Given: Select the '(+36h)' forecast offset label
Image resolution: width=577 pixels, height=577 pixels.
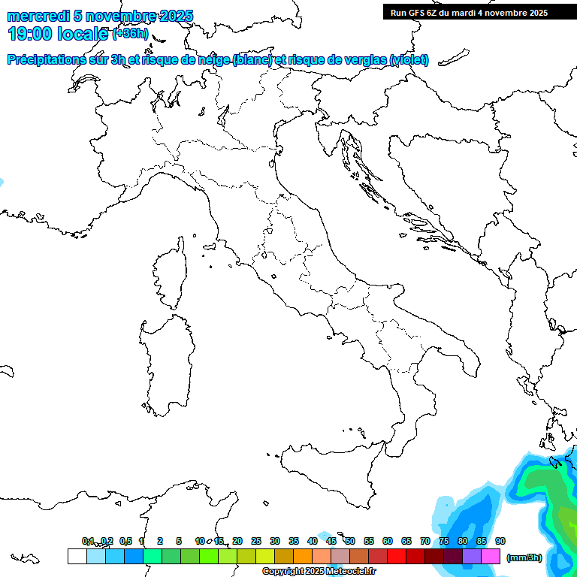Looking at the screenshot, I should point(130,35).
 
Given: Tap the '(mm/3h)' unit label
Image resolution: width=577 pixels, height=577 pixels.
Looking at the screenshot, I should point(524,557).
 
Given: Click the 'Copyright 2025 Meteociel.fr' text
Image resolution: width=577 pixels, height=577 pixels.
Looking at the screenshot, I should point(319,572).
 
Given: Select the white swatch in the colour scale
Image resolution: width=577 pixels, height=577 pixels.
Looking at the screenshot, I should point(77,557).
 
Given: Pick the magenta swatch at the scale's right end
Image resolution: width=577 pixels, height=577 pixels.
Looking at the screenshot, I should point(491,557).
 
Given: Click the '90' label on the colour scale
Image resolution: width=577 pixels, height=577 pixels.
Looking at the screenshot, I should point(500,541).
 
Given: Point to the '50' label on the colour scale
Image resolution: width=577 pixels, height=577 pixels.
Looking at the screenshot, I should point(350,541).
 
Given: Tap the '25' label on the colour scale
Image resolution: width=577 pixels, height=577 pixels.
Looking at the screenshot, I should point(256,541).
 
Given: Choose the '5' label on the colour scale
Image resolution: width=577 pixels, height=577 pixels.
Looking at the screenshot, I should point(179,541).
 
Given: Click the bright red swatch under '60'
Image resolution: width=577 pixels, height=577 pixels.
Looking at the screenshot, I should point(397,557).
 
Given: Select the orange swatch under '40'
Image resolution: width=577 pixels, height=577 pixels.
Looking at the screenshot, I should point(303,557).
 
